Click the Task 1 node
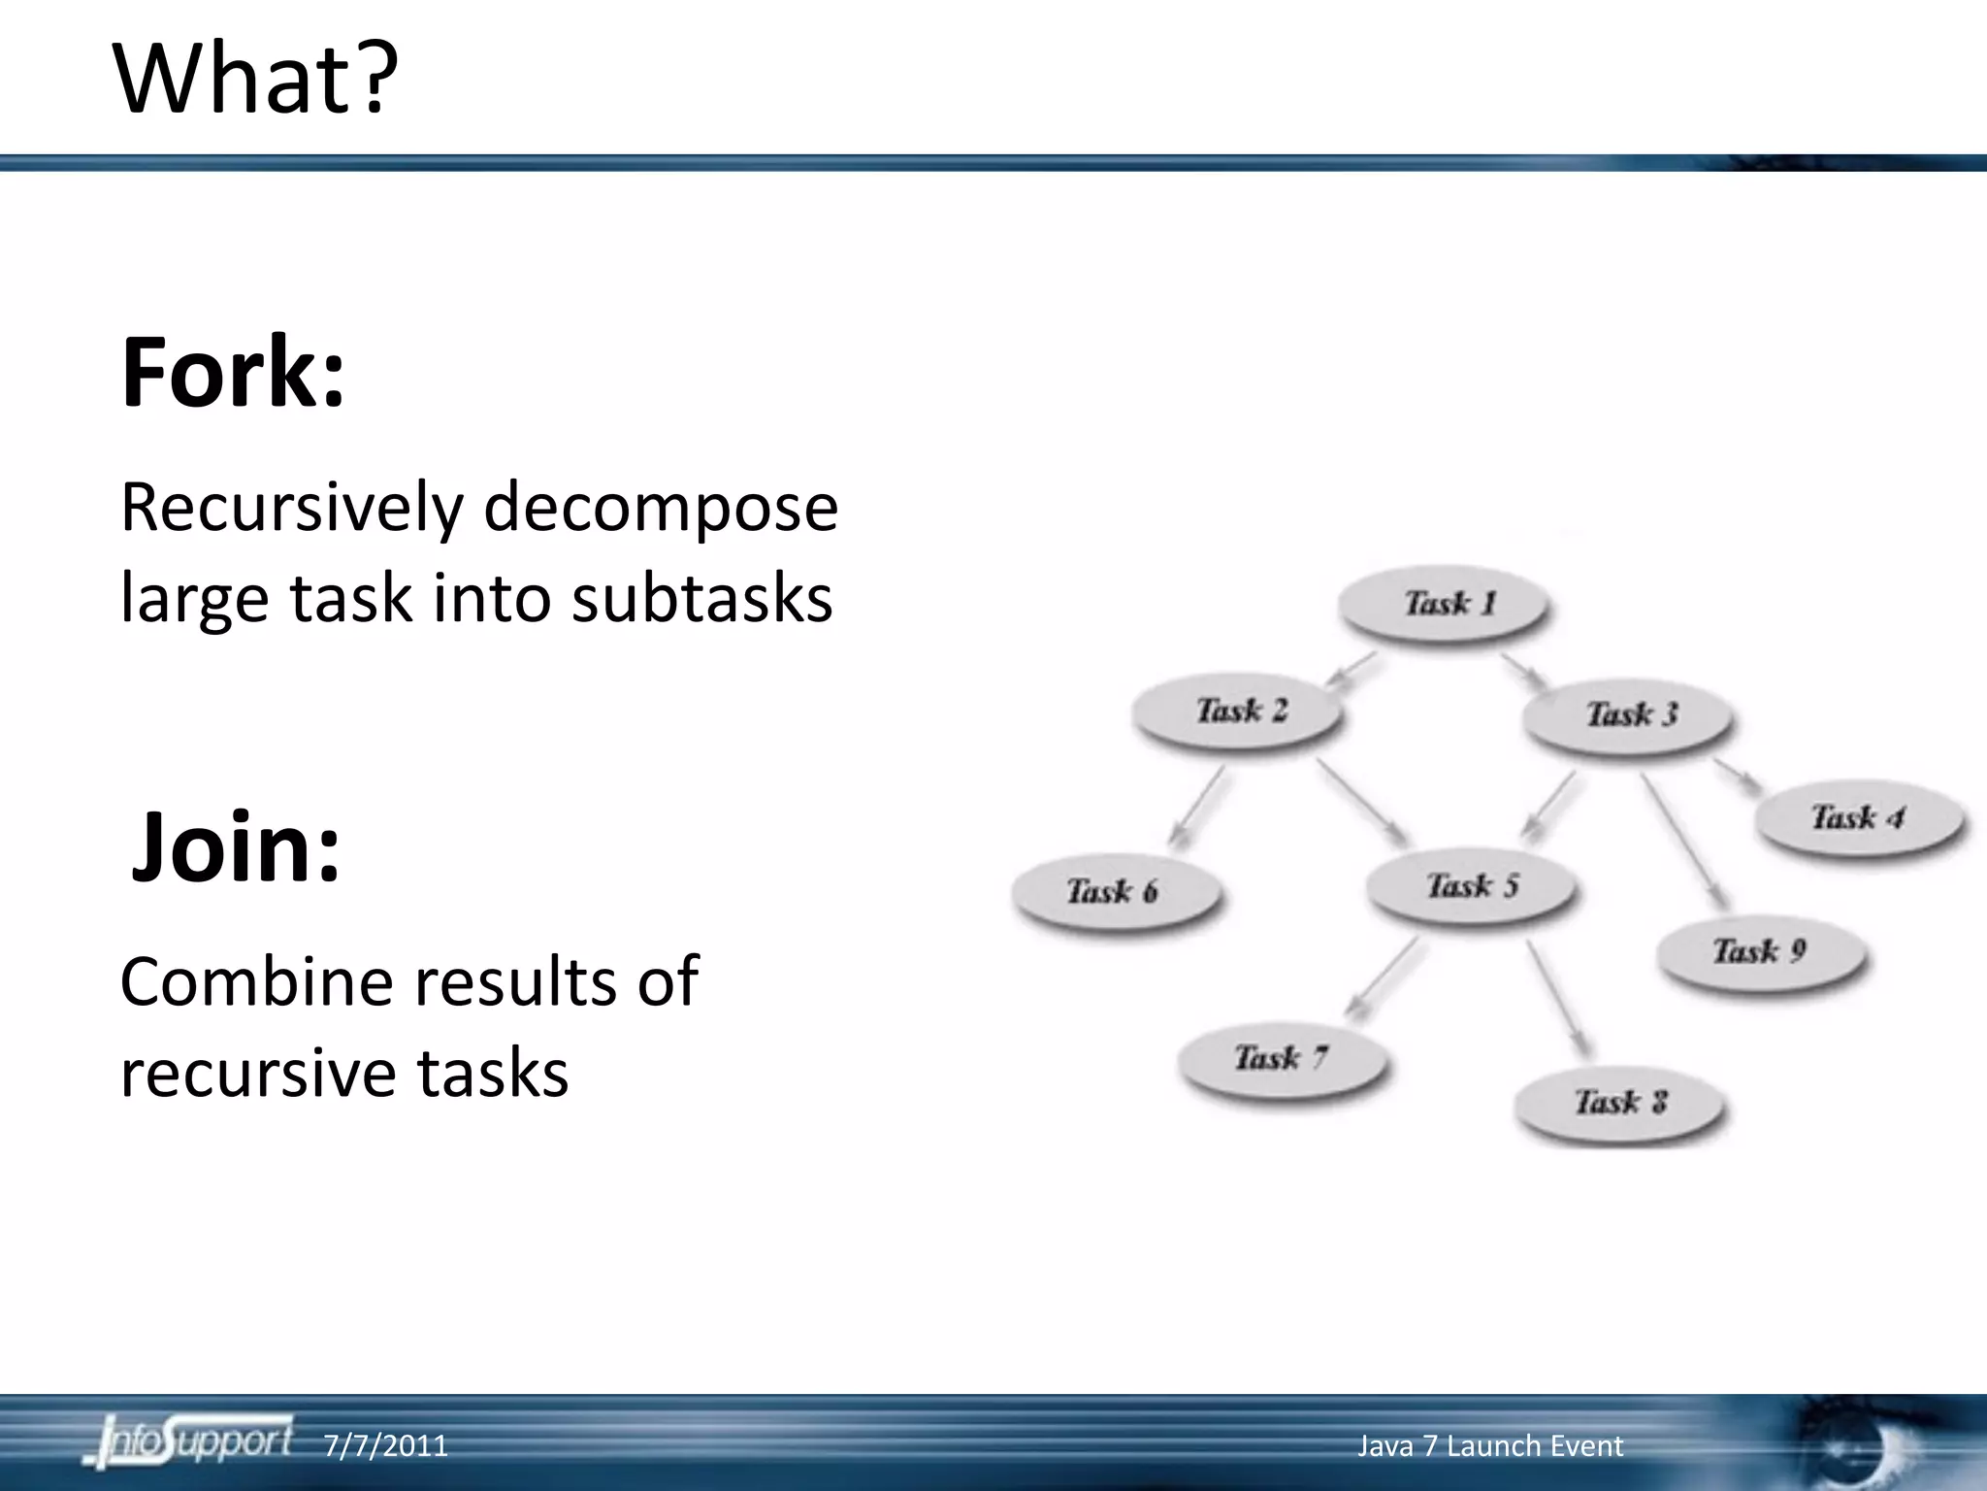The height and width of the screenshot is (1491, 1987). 1444,604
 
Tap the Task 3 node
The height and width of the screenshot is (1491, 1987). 1630,714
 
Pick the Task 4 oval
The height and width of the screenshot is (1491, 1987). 1858,817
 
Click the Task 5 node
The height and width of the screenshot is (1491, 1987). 1472,885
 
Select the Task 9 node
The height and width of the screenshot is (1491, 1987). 1759,950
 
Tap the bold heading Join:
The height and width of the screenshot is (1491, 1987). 236,846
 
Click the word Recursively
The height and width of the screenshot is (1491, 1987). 291,509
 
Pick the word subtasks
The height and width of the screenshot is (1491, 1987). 701,598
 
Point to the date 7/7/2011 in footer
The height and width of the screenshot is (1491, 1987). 385,1445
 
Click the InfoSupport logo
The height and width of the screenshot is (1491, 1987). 189,1441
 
